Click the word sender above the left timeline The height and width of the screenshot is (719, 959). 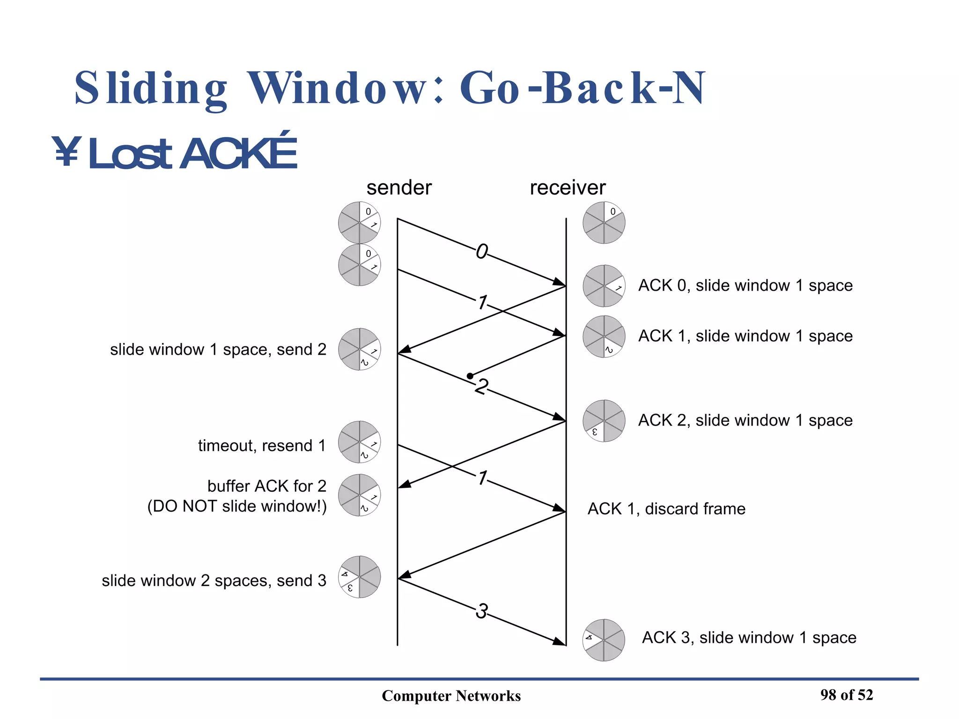pyautogui.click(x=398, y=188)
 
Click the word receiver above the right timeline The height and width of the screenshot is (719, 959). pyautogui.click(x=567, y=188)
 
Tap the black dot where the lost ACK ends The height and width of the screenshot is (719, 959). pyautogui.click(x=470, y=376)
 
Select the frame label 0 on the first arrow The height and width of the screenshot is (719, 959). pyautogui.click(x=481, y=252)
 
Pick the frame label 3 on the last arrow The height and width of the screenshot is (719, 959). pyautogui.click(x=481, y=611)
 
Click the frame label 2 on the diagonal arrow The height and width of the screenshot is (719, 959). pyautogui.click(x=481, y=387)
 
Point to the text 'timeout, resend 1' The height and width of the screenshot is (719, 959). pyautogui.click(x=261, y=445)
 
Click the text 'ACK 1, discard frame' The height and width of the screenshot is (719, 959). pyautogui.click(x=666, y=508)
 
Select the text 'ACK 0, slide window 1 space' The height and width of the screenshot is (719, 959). pyautogui.click(x=745, y=285)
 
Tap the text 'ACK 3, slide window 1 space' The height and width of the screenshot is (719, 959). pyautogui.click(x=748, y=637)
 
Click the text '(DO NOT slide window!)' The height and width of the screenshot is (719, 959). pyautogui.click(x=236, y=506)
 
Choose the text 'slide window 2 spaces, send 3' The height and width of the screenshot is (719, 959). pyautogui.click(x=214, y=580)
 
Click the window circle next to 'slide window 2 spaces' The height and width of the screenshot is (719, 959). pyautogui.click(x=359, y=577)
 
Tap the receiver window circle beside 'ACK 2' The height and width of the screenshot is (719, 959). pyautogui.click(x=604, y=421)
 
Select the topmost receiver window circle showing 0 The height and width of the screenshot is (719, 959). pyautogui.click(x=604, y=222)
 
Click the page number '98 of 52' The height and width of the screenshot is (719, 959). pyautogui.click(x=846, y=695)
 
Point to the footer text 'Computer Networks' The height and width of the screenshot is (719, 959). pyautogui.click(x=451, y=696)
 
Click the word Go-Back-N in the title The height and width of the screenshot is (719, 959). pyautogui.click(x=582, y=88)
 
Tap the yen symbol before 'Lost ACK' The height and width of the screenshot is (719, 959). pyautogui.click(x=66, y=152)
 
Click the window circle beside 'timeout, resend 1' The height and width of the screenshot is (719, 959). pyautogui.click(x=359, y=442)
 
